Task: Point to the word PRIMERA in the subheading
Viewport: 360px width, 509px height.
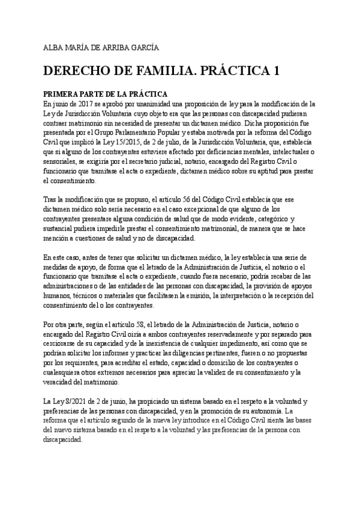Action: [x=59, y=95]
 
